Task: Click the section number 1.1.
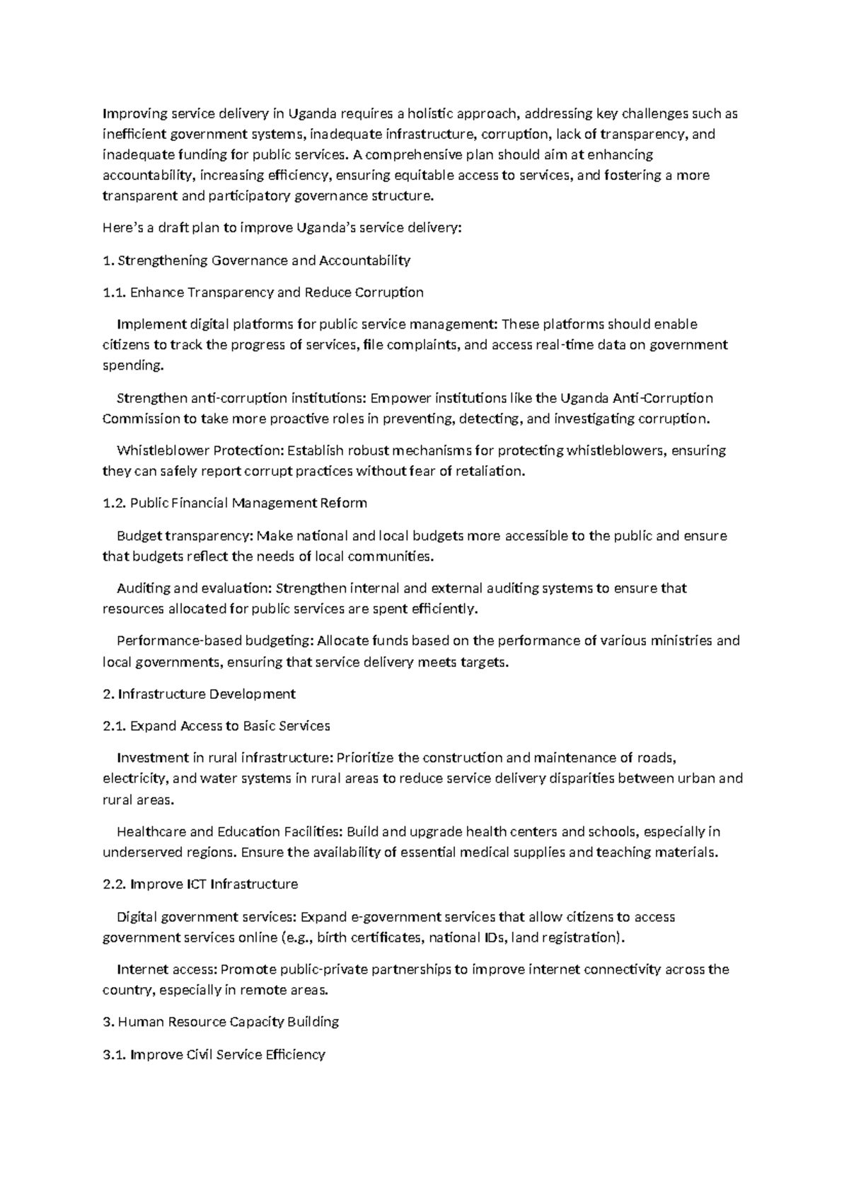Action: point(114,292)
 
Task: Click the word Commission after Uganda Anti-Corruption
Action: point(141,419)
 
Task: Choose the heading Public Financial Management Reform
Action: point(249,503)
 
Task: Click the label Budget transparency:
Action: point(184,536)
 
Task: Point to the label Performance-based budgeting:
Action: point(214,641)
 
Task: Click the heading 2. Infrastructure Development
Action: point(199,694)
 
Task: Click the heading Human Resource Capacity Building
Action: point(229,1022)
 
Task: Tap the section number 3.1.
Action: point(114,1054)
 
